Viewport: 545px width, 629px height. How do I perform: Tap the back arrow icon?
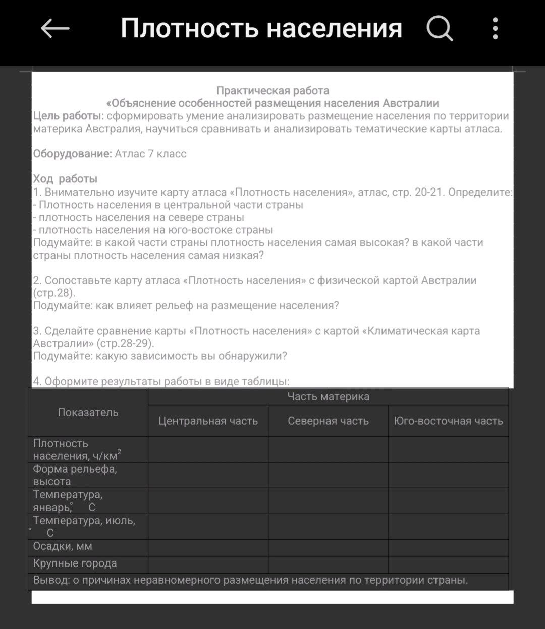coord(55,29)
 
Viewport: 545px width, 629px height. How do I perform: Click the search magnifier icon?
coord(440,28)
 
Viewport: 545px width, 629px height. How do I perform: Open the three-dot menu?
coord(495,28)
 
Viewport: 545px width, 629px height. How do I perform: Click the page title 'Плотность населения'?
coord(261,28)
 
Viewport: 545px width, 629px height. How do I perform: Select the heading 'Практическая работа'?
coord(272,91)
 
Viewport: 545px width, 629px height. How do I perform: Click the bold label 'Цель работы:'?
coord(69,116)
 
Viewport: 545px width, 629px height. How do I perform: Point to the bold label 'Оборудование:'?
coord(72,154)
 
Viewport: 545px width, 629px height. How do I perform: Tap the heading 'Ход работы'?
coord(65,179)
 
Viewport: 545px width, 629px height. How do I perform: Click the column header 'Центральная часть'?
coord(208,421)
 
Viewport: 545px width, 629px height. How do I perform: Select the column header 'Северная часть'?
coord(328,421)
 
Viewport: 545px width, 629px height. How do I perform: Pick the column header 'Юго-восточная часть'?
coord(448,421)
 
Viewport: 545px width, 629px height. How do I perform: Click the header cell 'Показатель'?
coord(88,412)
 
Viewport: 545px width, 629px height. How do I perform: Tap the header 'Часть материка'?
coord(328,397)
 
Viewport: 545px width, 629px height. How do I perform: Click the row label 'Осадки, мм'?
coord(63,546)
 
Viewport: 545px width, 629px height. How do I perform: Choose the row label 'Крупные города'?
coord(75,563)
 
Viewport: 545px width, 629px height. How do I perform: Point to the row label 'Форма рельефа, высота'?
coord(75,475)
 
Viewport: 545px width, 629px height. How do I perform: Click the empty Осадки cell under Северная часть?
coord(328,548)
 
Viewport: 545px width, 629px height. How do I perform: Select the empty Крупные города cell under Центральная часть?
coord(208,564)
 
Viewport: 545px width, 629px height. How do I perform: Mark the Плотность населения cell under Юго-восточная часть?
coord(448,449)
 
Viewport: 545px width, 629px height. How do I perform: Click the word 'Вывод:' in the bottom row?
coord(51,580)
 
